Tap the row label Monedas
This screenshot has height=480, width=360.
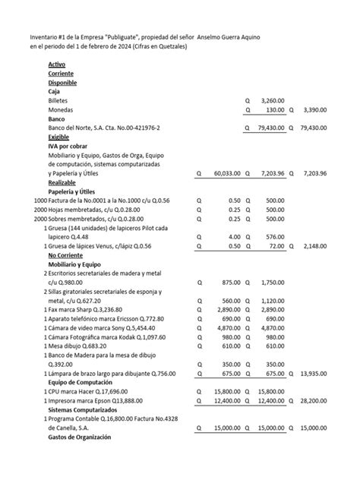click(61, 110)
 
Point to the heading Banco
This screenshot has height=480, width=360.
click(57, 119)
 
